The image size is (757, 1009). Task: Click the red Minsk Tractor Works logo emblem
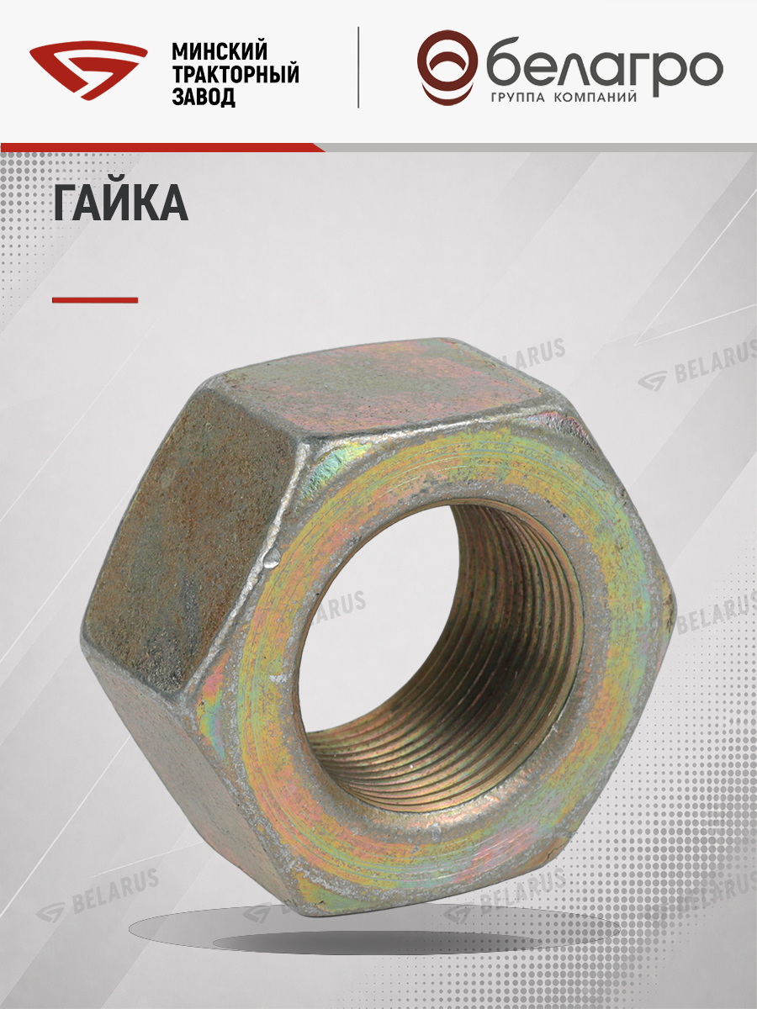coord(88,71)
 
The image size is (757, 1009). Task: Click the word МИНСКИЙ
coord(220,52)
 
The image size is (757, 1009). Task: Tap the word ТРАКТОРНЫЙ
coord(236,75)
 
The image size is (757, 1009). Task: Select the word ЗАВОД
coord(204,98)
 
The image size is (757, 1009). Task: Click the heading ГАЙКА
coord(121,203)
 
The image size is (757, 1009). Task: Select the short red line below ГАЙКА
coord(95,300)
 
